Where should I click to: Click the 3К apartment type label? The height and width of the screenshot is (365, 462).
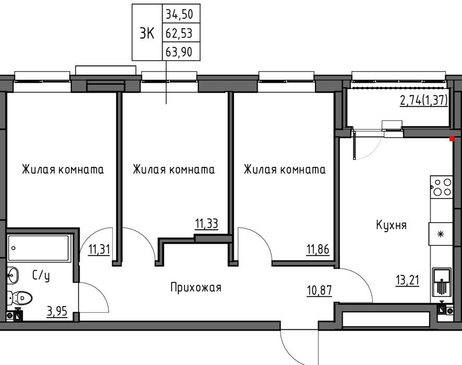147,33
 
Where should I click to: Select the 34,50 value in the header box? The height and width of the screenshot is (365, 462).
179,14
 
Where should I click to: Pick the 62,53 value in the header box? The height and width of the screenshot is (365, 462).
179,33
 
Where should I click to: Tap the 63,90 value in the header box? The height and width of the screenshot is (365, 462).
179,52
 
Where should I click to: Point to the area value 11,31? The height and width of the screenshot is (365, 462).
99,250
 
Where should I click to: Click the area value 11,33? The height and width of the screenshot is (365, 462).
206,224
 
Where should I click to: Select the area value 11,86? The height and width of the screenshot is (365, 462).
318,250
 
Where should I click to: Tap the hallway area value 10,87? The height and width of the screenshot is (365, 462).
320,290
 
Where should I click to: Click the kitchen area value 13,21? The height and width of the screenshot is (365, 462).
407,280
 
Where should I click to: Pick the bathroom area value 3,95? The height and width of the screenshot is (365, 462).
57,311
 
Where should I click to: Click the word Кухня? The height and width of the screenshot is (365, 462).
391,225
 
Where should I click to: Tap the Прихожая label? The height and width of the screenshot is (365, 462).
196,287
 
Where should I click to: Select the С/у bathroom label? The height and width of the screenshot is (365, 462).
41,275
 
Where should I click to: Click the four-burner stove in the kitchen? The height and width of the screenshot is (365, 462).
441,187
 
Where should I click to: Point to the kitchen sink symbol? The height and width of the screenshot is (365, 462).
442,282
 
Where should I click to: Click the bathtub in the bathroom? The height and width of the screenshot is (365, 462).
39,248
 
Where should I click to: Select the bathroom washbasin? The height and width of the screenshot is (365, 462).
13,275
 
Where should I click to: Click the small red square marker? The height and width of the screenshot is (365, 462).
452,139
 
